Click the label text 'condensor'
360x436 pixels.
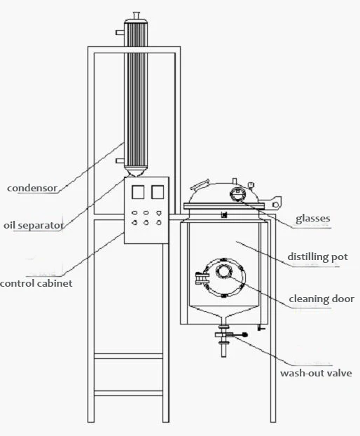point(32,188)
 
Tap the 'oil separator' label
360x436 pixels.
point(33,226)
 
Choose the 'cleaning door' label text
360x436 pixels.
point(321,299)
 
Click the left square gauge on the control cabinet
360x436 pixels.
point(137,191)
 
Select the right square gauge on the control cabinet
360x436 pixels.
point(158,191)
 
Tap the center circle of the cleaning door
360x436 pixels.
point(224,271)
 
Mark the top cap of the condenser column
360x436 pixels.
point(136,15)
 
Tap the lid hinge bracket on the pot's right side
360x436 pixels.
point(278,202)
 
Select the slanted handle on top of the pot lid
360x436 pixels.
point(201,185)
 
